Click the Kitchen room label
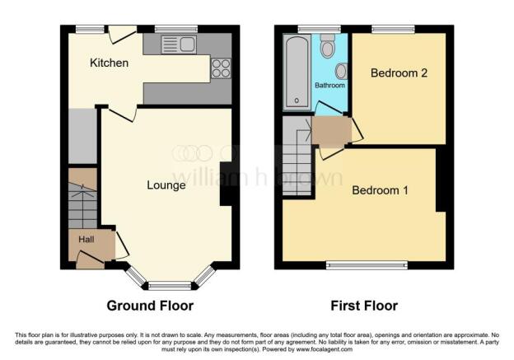pyautogui.click(x=110, y=63)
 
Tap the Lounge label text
pyautogui.click(x=166, y=185)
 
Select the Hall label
pyautogui.click(x=86, y=240)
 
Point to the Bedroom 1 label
pyautogui.click(x=380, y=190)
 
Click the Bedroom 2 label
pyautogui.click(x=399, y=72)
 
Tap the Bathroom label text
pyautogui.click(x=329, y=85)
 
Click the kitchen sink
pyautogui.click(x=179, y=44)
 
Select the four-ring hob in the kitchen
pyautogui.click(x=221, y=68)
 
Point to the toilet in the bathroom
pyautogui.click(x=327, y=46)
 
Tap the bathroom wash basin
pyautogui.click(x=342, y=71)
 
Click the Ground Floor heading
pyautogui.click(x=150, y=306)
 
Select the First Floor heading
pyautogui.click(x=364, y=306)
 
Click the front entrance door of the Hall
pyautogui.click(x=90, y=258)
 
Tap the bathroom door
pyautogui.click(x=329, y=108)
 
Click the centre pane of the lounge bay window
pyautogui.click(x=170, y=286)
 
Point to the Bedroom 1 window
pyautogui.click(x=367, y=265)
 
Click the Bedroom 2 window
pyautogui.click(x=393, y=30)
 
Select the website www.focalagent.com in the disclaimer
pyautogui.click(x=325, y=349)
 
